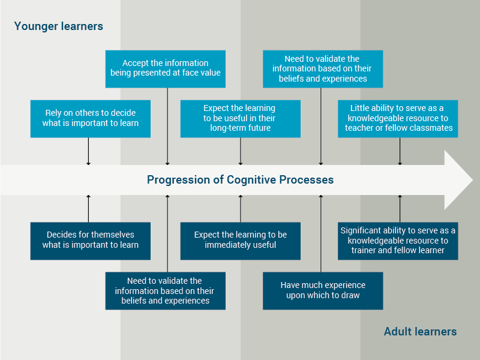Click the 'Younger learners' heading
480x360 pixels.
tap(59, 26)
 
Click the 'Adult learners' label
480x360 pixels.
tap(420, 332)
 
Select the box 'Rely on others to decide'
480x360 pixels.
tap(91, 118)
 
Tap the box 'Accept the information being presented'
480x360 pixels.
tap(166, 68)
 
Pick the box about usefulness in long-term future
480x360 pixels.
tap(241, 118)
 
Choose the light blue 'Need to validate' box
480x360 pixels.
tap(323, 68)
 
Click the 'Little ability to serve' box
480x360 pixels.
tap(398, 118)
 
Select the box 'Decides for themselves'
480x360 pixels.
tap(91, 240)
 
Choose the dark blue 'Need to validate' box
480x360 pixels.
tap(166, 290)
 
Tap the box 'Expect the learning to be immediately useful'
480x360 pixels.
tap(241, 240)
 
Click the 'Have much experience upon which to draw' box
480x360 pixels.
tap(323, 290)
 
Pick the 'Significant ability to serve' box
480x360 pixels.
tap(398, 240)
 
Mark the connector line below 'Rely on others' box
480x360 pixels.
tap(88, 151)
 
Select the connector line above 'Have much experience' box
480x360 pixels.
tap(321, 234)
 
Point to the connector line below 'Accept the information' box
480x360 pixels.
tap(167, 126)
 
